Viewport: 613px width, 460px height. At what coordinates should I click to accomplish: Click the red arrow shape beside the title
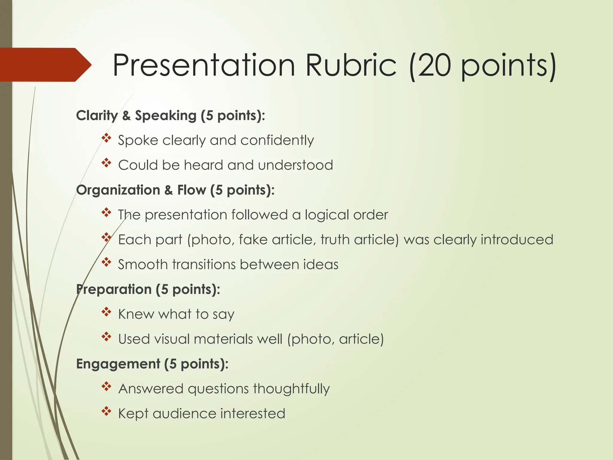click(45, 65)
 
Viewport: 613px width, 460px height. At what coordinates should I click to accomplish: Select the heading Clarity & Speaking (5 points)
click(170, 116)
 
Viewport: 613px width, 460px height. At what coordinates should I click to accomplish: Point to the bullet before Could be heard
click(106, 163)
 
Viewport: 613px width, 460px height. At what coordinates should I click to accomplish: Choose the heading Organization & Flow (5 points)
click(175, 190)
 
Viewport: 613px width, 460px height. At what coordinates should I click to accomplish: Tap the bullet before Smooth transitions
click(106, 263)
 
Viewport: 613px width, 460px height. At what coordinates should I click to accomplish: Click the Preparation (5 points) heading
click(148, 290)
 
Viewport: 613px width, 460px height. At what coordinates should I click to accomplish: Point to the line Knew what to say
click(176, 314)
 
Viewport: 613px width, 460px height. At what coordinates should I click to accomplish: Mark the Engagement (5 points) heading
click(152, 364)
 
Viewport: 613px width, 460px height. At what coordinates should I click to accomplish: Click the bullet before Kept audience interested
click(106, 412)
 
